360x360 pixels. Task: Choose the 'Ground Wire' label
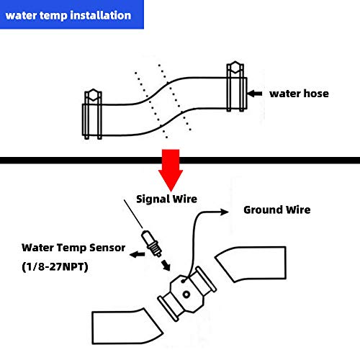[x=276, y=210]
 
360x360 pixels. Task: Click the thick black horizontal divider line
[x=180, y=159]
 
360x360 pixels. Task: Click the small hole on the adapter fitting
[x=186, y=293]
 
